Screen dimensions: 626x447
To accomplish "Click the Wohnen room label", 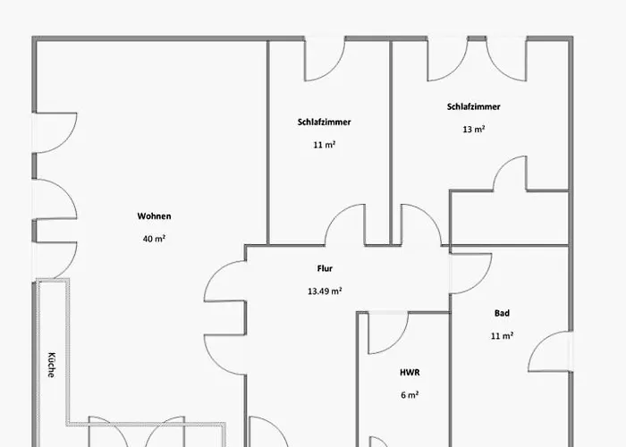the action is coord(154,216).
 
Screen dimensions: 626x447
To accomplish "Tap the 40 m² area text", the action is coord(154,239).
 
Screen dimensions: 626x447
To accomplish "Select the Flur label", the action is coord(325,268).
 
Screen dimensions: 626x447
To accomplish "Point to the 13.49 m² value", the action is coord(325,291).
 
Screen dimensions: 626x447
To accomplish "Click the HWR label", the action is coord(410,373).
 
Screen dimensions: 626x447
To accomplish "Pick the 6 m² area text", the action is coord(410,395).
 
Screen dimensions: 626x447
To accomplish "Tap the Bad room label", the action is coord(502,313).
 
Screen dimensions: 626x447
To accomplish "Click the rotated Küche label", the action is coord(52,365).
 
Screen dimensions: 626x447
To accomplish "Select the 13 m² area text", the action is coord(473,130).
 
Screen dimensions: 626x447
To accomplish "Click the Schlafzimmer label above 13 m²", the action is coord(473,107).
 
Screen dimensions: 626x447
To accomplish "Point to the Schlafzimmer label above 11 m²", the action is coord(324,122).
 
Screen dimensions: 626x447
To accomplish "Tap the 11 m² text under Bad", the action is coord(502,335).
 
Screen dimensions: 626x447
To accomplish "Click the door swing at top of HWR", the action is coord(388,333).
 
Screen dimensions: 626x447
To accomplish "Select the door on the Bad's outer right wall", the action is coord(551,351).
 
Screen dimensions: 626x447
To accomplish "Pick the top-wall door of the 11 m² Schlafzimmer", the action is coord(325,59).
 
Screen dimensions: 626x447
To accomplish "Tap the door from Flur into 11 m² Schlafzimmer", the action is coord(345,224).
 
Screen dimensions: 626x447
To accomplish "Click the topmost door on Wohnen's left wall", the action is coord(55,133).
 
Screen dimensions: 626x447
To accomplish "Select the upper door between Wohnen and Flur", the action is coord(225,281).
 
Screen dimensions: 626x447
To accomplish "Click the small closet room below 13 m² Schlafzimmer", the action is coord(509,218).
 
